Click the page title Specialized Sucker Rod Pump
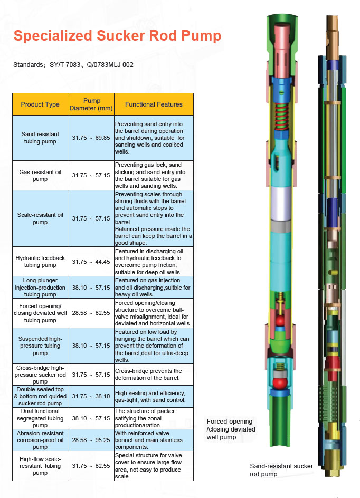[117, 36]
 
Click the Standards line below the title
[73, 65]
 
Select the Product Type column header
[40, 104]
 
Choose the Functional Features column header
[154, 104]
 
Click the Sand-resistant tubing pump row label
[40, 138]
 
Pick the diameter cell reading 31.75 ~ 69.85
[91, 138]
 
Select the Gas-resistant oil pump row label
[40, 176]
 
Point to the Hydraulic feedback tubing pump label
[40, 262]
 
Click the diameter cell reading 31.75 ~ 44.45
[91, 262]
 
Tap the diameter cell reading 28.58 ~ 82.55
[91, 313]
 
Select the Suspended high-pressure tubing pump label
[40, 346]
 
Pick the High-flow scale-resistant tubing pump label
[40, 466]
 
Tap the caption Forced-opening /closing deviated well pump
[230, 429]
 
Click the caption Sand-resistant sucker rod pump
[281, 470]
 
